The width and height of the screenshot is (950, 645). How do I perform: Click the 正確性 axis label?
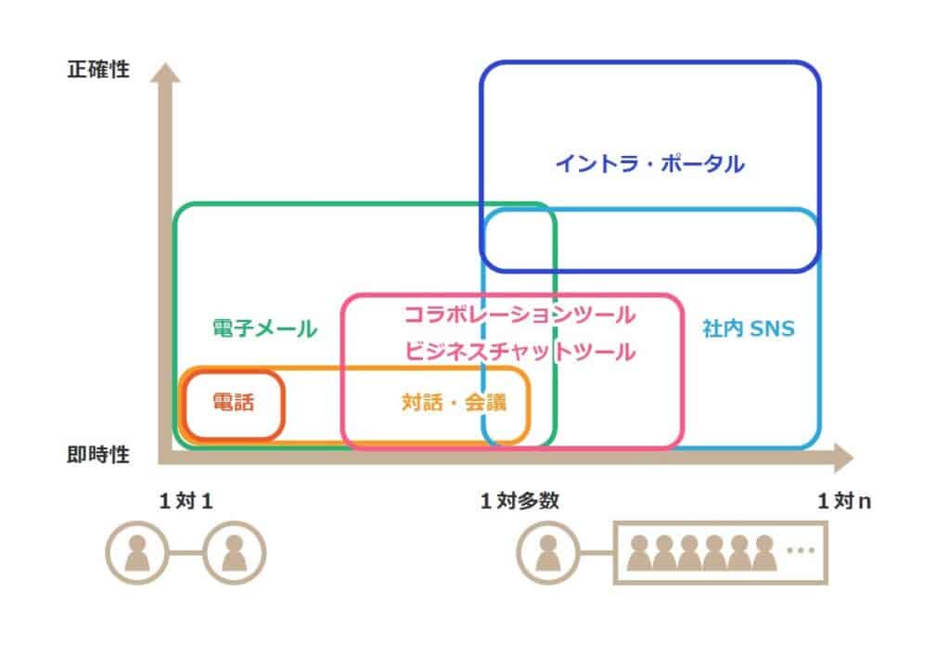click(97, 70)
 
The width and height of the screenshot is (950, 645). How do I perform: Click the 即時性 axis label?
click(97, 456)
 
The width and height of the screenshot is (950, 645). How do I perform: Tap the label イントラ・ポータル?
click(649, 164)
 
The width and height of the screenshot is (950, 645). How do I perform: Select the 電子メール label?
click(264, 329)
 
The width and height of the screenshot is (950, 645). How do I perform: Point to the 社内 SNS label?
click(749, 329)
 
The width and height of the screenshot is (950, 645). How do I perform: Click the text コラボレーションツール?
click(520, 315)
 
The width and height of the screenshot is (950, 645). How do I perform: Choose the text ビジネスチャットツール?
click(520, 352)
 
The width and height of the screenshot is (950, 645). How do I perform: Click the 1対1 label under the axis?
click(186, 502)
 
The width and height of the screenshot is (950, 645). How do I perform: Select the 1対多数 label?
click(520, 502)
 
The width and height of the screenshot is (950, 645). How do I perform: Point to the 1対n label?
click(845, 502)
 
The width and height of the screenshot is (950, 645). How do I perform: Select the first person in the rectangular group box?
click(638, 553)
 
